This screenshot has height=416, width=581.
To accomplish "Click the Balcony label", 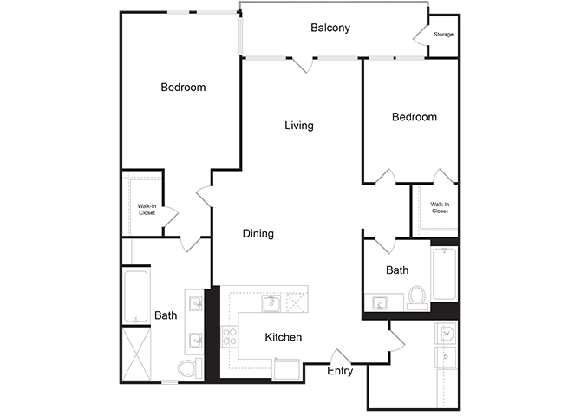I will click(330, 28).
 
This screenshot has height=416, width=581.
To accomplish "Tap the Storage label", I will click(443, 35).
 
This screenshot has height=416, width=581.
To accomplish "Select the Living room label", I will click(299, 126).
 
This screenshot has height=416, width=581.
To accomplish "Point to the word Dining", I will click(258, 233).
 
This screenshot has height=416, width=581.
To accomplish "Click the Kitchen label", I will click(283, 337).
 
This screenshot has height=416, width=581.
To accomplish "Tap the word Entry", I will click(339, 372).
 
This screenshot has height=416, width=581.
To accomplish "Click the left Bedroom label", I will click(183, 88).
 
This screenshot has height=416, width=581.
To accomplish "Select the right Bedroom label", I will click(414, 117).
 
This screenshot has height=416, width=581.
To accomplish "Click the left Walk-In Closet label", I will click(147, 209).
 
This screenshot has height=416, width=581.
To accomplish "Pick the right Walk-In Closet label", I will click(440, 208).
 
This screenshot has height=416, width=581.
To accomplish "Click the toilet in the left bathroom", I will click(188, 368).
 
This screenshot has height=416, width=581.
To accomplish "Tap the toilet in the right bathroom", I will click(417, 296).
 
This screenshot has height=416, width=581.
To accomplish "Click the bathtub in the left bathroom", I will click(136, 296).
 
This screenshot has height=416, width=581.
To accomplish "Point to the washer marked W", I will click(447, 333).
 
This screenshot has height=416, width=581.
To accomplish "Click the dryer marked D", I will click(447, 356).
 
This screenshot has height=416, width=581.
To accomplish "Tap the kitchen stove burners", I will click(232, 336).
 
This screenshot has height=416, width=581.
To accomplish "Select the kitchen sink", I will click(271, 302).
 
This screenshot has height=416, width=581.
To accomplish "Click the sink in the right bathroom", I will click(380, 302).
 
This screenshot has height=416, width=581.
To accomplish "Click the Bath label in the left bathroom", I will click(166, 315).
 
